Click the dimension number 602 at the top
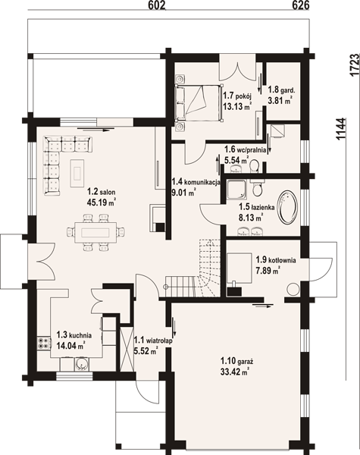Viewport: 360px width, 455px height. click(x=157, y=5)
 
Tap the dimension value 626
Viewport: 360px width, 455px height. click(x=301, y=5)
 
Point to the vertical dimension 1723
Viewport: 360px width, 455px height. click(x=354, y=65)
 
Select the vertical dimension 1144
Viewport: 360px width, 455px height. click(x=341, y=129)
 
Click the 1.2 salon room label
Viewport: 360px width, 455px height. click(x=102, y=192)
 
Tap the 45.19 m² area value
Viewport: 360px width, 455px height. click(x=102, y=202)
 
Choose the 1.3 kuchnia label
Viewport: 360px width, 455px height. click(x=74, y=335)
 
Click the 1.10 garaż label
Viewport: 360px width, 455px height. click(x=237, y=362)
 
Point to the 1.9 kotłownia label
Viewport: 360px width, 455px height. click(x=276, y=259)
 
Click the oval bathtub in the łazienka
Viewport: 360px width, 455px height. click(x=287, y=207)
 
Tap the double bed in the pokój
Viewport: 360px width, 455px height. click(x=199, y=102)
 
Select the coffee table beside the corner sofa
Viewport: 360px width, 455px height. click(x=77, y=174)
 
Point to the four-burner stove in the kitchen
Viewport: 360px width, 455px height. click(x=43, y=344)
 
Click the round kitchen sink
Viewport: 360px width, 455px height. click(x=82, y=363)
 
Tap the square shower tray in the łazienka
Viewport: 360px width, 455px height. click(x=236, y=190)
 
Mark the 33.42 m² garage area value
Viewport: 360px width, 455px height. click(x=235, y=372)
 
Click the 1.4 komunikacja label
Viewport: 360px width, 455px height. click(x=196, y=182)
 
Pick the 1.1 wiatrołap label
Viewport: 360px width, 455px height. click(x=153, y=340)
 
